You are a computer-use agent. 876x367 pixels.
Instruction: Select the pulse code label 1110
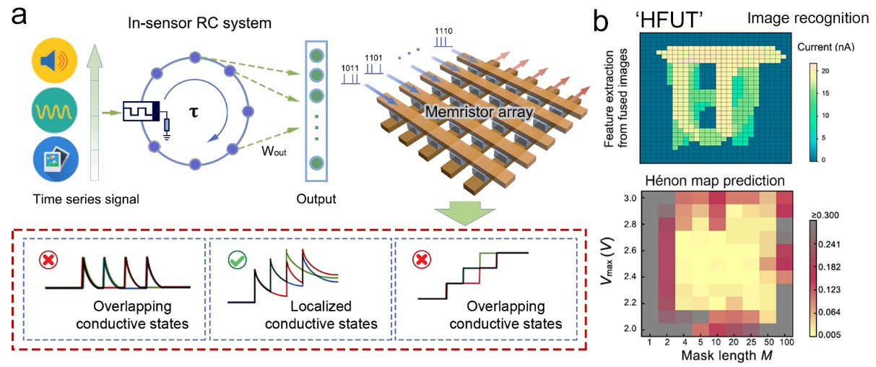tap(444, 32)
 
